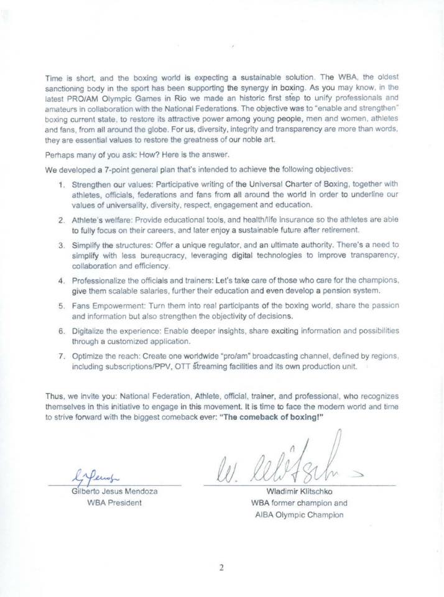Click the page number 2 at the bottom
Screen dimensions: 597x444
(221, 567)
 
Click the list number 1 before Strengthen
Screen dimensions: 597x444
(62, 185)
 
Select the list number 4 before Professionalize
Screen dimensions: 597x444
(62, 281)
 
